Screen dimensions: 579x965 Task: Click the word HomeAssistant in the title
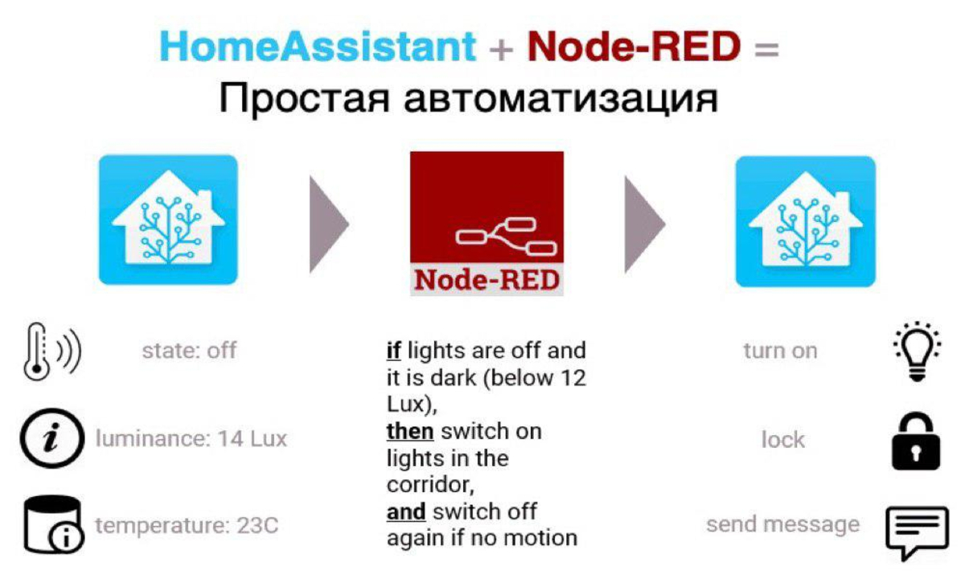[318, 47]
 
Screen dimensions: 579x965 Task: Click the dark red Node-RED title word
[634, 47]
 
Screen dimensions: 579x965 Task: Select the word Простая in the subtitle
[305, 101]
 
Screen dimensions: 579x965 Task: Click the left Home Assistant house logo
[168, 220]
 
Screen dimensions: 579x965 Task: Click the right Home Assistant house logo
[805, 221]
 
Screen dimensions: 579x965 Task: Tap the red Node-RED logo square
[487, 223]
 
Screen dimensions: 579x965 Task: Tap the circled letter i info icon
[51, 440]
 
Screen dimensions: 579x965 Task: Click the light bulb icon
[918, 351]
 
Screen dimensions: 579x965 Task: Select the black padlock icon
[916, 441]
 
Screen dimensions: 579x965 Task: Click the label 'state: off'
[189, 351]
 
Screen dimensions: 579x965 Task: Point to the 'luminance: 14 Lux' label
[191, 439]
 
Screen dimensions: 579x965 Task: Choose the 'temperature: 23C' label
[187, 526]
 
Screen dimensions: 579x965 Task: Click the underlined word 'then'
[409, 431]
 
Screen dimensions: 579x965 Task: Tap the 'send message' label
[782, 525]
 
